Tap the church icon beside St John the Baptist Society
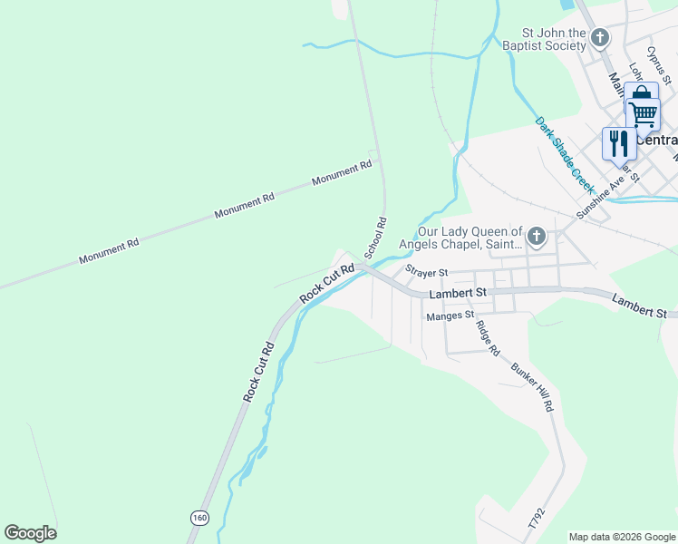[599, 38]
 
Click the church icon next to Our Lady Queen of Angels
[537, 238]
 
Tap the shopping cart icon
[644, 115]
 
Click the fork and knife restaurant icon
[619, 143]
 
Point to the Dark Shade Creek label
[564, 154]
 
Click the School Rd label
[375, 238]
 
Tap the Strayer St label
[427, 272]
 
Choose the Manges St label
[450, 316]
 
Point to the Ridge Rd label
[488, 337]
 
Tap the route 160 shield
[199, 517]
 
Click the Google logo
[30, 533]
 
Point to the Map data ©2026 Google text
[621, 537]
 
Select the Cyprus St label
[657, 65]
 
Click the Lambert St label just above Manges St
[458, 293]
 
